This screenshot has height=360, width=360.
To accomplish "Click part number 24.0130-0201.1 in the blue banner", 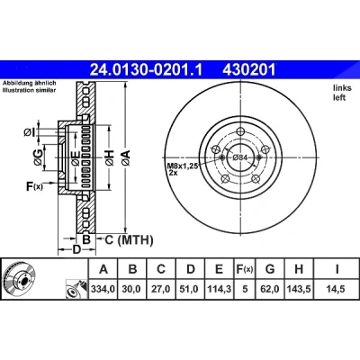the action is (x=147, y=70).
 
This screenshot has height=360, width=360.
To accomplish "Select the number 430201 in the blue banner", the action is (x=248, y=70).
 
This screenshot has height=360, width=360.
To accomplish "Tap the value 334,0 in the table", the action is (x=103, y=289).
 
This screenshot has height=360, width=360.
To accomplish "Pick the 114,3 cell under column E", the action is (x=219, y=289).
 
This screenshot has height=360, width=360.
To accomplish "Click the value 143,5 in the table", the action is (x=299, y=289).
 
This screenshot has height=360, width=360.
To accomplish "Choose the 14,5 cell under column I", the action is (x=337, y=289).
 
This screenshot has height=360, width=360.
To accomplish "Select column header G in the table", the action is (x=270, y=269).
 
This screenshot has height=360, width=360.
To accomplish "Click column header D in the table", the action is (x=191, y=269).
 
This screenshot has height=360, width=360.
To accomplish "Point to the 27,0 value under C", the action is (x=161, y=289).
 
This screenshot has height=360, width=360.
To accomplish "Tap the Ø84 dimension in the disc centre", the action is (x=239, y=157).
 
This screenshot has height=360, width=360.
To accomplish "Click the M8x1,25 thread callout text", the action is (x=182, y=166).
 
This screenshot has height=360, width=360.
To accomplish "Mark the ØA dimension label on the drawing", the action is (x=126, y=158).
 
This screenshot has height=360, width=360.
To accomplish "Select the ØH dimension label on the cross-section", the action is (x=110, y=158).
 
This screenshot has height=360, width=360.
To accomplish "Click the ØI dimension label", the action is (x=30, y=132).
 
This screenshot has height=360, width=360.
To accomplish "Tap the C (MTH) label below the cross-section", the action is (x=129, y=239).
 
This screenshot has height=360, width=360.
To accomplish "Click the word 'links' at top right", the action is (x=342, y=88).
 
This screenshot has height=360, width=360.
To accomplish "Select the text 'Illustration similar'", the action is (x=29, y=90).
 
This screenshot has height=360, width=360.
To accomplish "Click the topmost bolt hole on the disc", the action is (x=240, y=131).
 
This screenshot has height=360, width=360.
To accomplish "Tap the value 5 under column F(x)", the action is (x=245, y=289).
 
